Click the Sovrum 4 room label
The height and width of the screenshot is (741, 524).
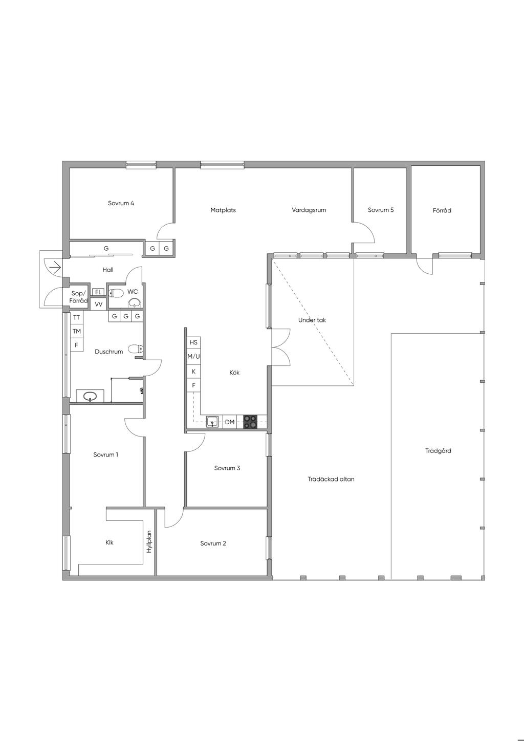point(121,203)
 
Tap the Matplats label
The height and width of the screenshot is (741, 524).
point(223,210)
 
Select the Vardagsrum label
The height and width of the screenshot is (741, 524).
point(309,210)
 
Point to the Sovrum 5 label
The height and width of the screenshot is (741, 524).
point(381,210)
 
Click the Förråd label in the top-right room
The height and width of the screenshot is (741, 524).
point(442,210)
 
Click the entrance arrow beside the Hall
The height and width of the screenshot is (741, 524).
point(55,267)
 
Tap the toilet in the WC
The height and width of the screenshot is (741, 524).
point(116,293)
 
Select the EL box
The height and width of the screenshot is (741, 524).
point(98,292)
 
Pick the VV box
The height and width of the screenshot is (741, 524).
point(99,304)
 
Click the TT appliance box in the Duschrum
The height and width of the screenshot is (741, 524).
point(76,318)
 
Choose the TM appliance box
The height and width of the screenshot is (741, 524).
point(76,331)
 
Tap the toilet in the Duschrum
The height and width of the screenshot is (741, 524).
point(136,348)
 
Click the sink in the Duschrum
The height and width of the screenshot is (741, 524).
point(90,396)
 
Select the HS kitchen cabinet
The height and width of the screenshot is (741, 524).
point(193,343)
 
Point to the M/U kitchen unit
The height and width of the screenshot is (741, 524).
point(193,357)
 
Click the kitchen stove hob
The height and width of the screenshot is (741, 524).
point(250,422)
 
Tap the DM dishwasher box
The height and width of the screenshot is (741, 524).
point(230,422)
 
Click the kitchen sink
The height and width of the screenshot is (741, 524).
point(212,422)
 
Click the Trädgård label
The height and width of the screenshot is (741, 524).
point(438,451)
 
